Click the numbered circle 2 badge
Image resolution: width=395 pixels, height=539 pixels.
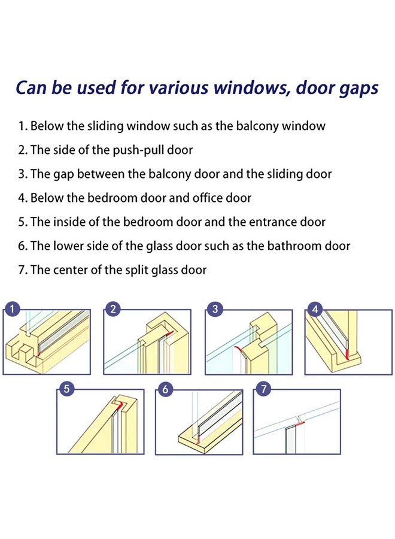(x=112, y=309)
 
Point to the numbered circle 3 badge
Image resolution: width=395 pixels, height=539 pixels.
(x=214, y=309)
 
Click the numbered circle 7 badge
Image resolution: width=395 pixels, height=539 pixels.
(x=263, y=389)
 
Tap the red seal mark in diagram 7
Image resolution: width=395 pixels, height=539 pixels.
(x=300, y=423)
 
